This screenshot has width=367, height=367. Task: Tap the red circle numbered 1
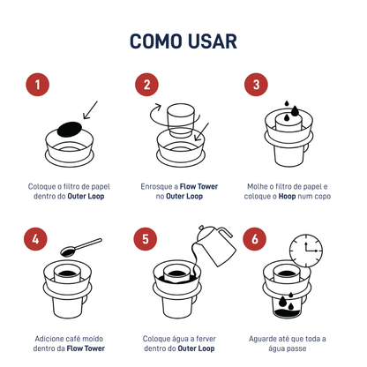36,85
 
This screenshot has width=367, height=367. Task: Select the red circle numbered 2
146,85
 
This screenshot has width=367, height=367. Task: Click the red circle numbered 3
256,85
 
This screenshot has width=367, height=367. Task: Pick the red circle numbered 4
36,240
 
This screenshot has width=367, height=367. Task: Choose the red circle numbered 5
146,240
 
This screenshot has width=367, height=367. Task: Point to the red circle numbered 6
256,240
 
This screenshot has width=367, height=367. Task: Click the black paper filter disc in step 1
70,129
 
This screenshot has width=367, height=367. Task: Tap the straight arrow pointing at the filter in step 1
90,111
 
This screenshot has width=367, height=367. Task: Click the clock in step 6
303,249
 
